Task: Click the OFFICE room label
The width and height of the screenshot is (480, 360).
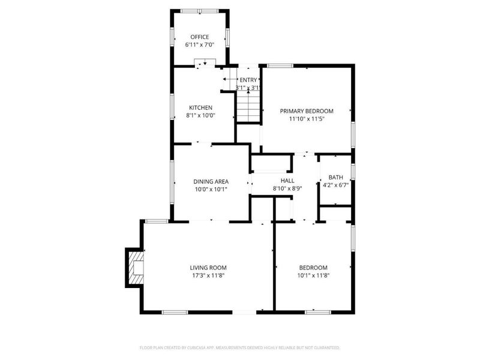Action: coord(200,37)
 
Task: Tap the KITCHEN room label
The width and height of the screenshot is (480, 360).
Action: coord(200,107)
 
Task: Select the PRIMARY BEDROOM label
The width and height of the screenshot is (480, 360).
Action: coord(307,111)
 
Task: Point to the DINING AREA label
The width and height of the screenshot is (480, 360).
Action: coord(210,181)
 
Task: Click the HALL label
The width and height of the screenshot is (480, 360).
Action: coord(287,180)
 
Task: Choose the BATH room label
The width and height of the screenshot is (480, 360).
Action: coord(335,177)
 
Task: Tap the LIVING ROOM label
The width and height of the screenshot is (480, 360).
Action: coord(208,268)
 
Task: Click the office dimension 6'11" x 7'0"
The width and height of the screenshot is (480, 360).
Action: coord(200,45)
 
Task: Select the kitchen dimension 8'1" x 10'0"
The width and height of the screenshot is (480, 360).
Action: coord(200,116)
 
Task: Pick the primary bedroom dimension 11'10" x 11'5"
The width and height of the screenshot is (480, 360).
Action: coord(307,119)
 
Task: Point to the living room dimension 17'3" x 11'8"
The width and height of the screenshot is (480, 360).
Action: coord(208,276)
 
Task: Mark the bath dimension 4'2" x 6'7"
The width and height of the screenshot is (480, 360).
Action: coord(335,185)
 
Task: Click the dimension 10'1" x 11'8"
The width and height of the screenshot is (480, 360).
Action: coord(314,276)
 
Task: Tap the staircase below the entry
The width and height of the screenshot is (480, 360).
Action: coord(248,108)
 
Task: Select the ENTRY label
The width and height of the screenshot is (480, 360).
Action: coord(248,80)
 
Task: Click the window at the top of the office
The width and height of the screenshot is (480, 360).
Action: coord(200,10)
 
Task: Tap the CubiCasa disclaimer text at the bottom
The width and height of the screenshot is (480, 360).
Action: coord(239,347)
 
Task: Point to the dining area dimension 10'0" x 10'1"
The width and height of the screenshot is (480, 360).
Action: coord(210,190)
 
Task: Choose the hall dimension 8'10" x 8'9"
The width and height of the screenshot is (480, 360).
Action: coord(287,188)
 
